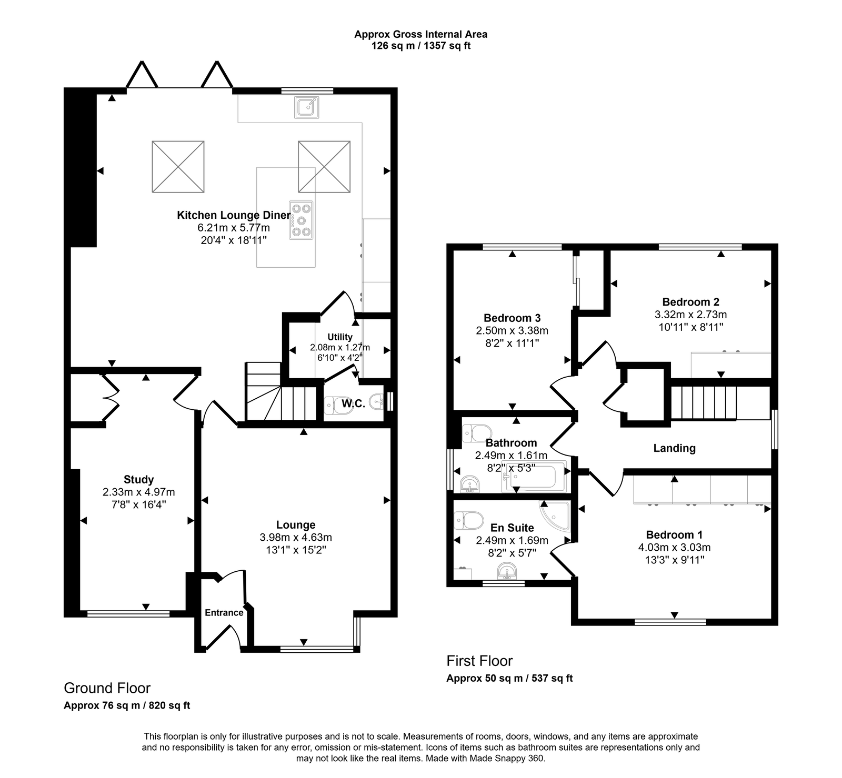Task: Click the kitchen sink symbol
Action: click(x=306, y=107)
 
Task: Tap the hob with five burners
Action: click(x=301, y=220)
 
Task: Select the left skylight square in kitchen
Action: click(x=178, y=167)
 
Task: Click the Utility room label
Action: click(x=340, y=337)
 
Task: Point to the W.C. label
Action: click(x=353, y=403)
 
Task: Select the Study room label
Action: click(x=138, y=479)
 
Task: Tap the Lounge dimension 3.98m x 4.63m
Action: click(x=296, y=538)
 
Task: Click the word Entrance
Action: click(x=224, y=612)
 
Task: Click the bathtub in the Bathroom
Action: click(x=534, y=477)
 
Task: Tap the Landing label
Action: click(x=674, y=448)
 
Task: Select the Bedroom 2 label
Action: click(x=690, y=302)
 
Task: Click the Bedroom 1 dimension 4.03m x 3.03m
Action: click(x=674, y=547)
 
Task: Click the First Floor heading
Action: click(x=479, y=661)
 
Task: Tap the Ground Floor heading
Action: click(x=107, y=688)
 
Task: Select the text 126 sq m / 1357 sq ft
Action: click(x=420, y=46)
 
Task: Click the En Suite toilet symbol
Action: click(x=469, y=520)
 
